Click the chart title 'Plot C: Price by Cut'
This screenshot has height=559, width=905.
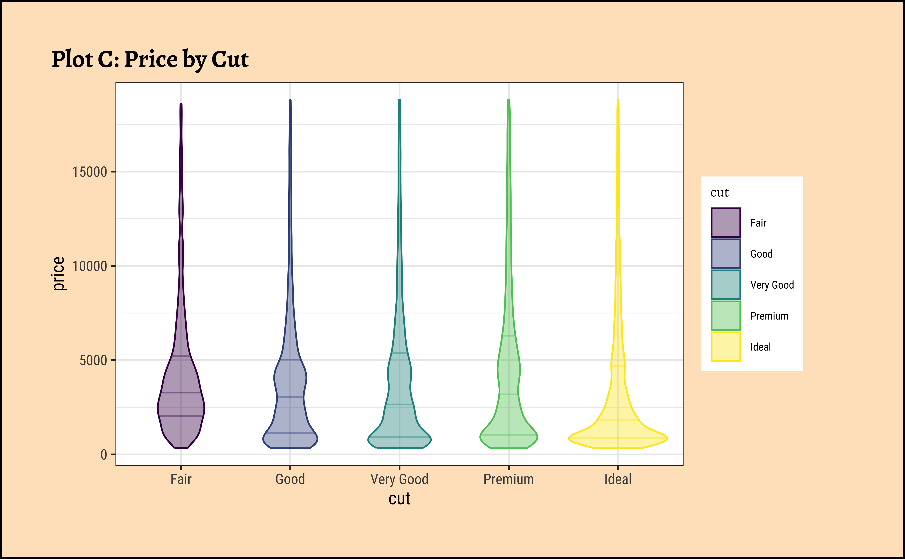[150, 59]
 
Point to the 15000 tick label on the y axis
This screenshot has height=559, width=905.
[89, 172]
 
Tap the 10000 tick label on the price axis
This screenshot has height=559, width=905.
[89, 266]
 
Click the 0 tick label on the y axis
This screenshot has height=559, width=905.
[104, 455]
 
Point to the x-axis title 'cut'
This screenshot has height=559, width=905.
[399, 499]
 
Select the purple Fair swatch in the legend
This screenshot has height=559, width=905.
[726, 223]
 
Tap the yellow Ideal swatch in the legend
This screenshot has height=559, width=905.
[726, 347]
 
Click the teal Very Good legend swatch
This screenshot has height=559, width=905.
[726, 285]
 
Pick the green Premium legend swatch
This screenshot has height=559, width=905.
[726, 316]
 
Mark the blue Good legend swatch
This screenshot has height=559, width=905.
[726, 254]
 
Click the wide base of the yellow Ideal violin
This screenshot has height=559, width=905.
[618, 438]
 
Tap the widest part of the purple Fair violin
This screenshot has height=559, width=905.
[181, 408]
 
